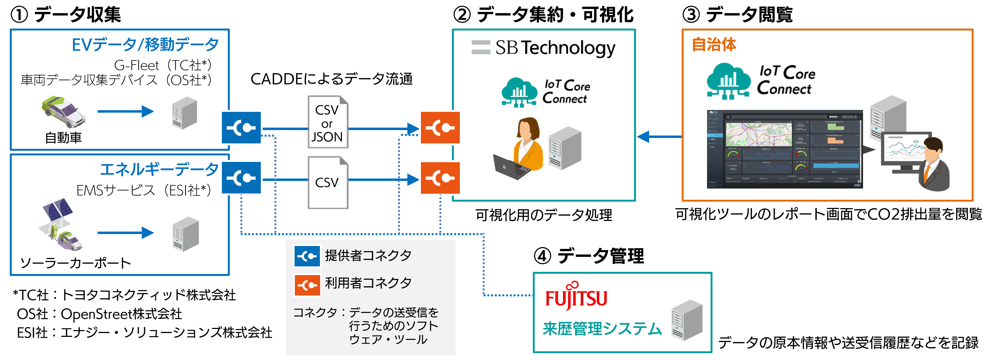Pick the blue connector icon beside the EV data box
click(241, 128)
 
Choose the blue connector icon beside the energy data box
click(241, 178)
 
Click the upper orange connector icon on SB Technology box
click(440, 128)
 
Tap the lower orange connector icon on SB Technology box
click(440, 178)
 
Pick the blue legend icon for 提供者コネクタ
click(307, 256)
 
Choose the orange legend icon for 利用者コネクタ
click(307, 285)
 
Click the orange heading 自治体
click(714, 45)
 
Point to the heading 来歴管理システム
click(602, 329)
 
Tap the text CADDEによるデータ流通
click(331, 79)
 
